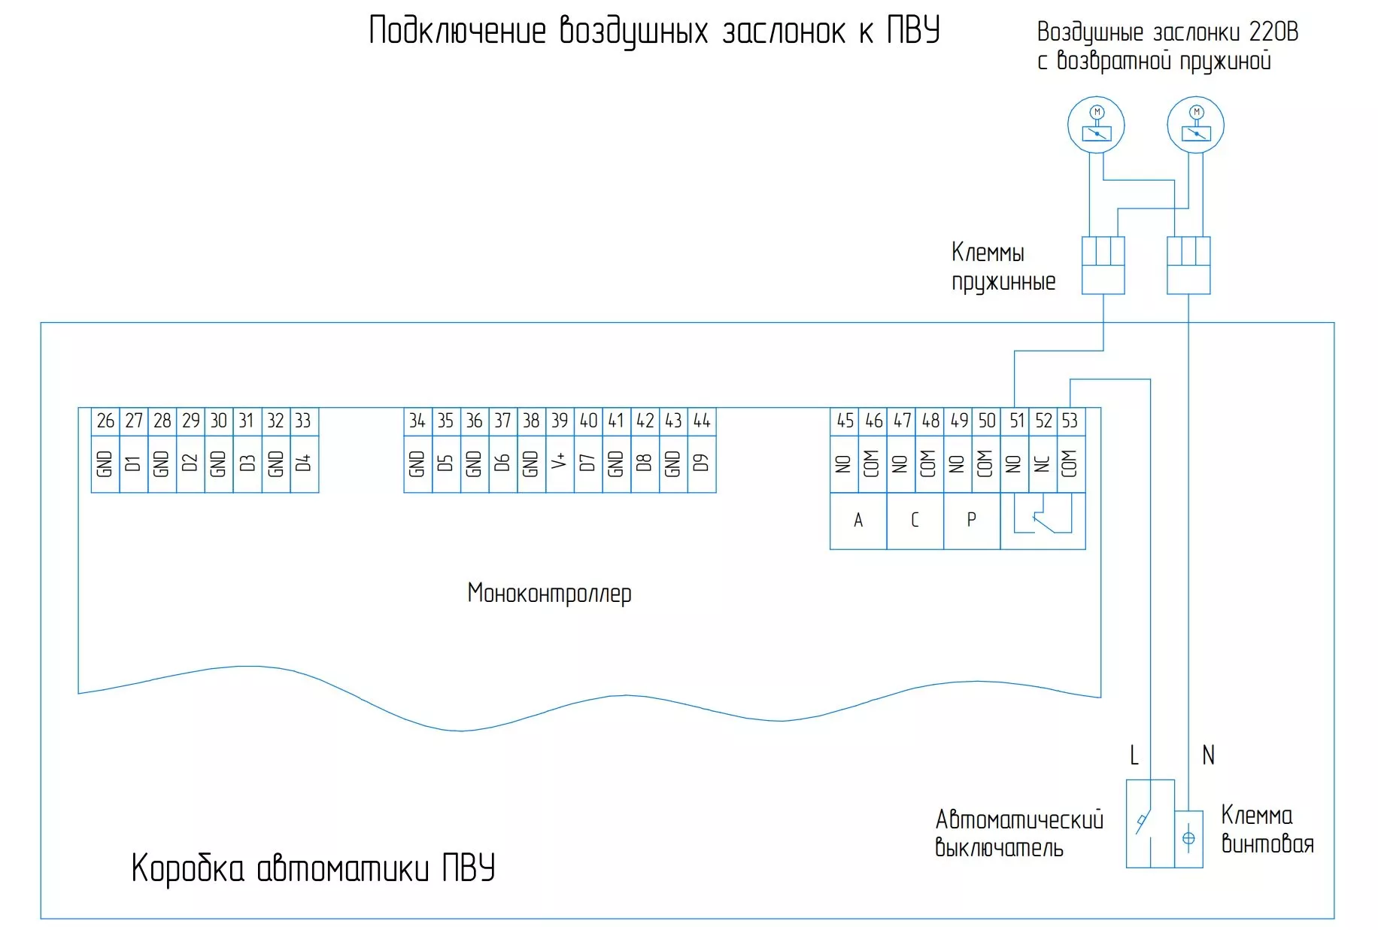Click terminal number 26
[105, 421]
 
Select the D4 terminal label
[303, 463]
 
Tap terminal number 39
[560, 421]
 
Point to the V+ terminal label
[560, 463]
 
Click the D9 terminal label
[702, 463]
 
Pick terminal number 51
[1016, 421]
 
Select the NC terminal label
[1043, 463]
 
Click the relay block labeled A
[858, 520]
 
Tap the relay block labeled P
[971, 520]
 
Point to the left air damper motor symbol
[1096, 125]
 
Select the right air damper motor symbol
[1195, 125]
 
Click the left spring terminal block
[1103, 265]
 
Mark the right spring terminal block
[1188, 265]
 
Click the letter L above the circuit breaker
[1134, 755]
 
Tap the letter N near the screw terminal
[1208, 755]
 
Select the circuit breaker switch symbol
[1143, 823]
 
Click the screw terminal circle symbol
[1188, 838]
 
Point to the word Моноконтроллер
[549, 594]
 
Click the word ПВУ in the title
[913, 31]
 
